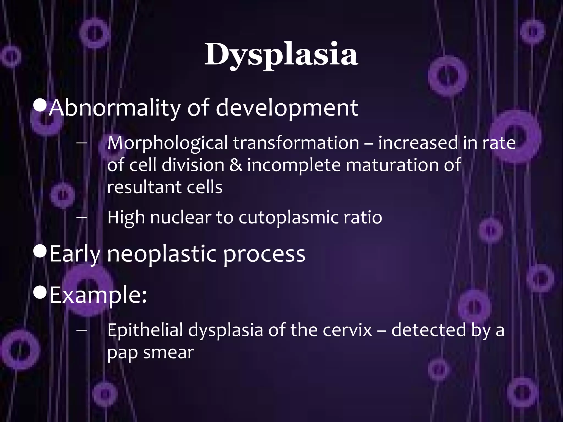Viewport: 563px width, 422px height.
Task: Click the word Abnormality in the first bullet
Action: click(x=115, y=108)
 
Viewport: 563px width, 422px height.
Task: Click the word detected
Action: click(x=428, y=330)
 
